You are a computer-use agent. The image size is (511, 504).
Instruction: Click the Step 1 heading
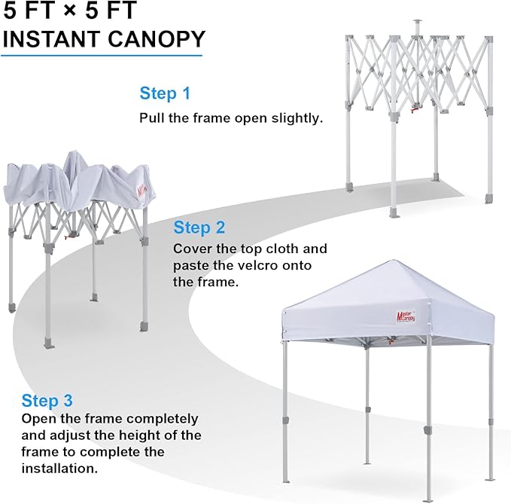coord(165,93)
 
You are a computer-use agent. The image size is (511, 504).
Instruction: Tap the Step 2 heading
coord(199,228)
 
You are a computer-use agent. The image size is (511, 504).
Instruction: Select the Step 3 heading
coord(47,401)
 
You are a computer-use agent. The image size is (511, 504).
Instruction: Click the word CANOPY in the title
coord(157,39)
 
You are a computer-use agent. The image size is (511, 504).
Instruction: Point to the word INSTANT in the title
coord(51,39)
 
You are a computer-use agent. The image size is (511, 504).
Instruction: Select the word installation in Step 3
coord(59,469)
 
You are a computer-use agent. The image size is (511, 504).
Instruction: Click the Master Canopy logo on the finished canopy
coord(406,316)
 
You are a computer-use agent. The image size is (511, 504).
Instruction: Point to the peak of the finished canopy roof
coord(394,261)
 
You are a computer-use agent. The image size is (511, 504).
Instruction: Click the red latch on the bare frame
coord(415,111)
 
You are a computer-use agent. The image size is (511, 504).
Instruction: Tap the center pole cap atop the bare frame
coord(417,22)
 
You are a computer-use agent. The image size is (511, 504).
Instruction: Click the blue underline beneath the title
coord(102,55)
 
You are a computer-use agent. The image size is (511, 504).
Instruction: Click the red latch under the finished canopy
coord(390,342)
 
